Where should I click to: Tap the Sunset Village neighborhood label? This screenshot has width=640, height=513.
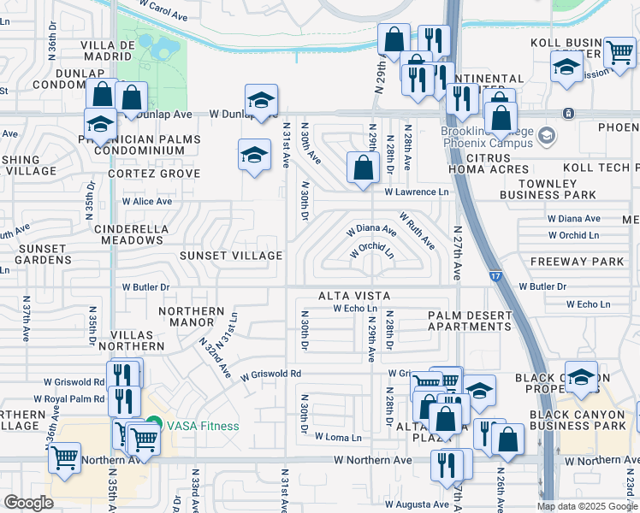230,256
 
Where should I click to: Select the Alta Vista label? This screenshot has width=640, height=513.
354,296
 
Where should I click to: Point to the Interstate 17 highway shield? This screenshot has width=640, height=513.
496,276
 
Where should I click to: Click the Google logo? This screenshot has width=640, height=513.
28,502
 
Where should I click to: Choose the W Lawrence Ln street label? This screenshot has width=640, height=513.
417,192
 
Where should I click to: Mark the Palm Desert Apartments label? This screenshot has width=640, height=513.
470,321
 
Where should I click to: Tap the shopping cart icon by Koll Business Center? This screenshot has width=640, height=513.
619,52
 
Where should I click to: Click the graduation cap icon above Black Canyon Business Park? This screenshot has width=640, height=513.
581,377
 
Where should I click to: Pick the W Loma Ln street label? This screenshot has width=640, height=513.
338,437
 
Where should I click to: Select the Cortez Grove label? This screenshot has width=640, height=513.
154,174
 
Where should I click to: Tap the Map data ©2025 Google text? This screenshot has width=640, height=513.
586,505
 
